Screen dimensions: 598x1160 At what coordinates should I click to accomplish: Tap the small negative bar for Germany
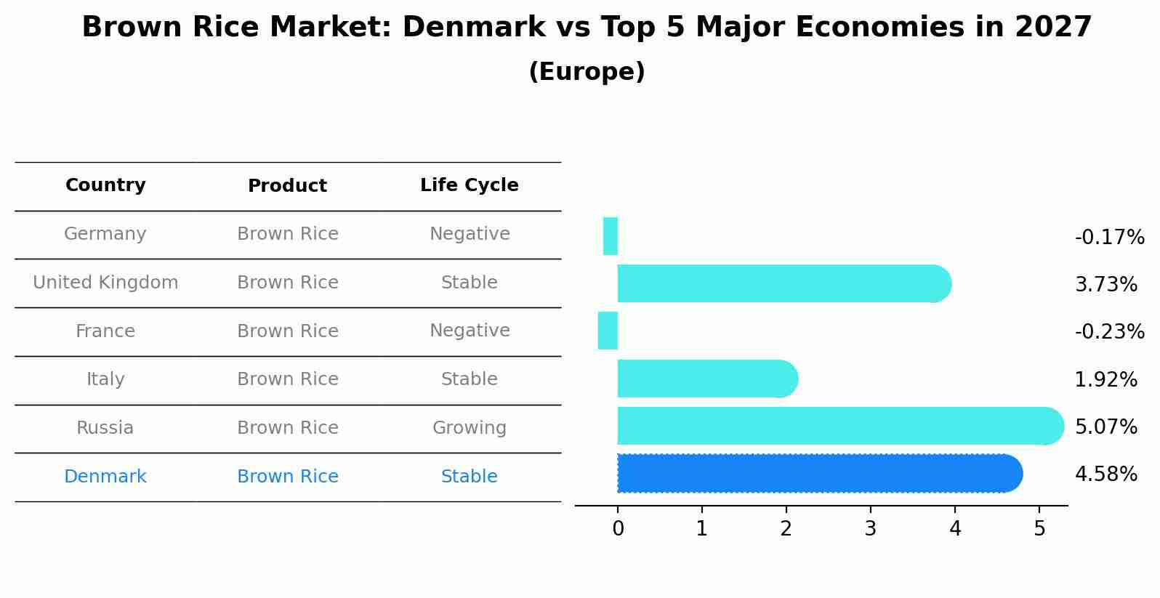(611, 237)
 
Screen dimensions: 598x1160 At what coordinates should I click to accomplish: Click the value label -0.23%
(1109, 332)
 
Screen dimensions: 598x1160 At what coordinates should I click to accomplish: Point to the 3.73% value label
(1105, 285)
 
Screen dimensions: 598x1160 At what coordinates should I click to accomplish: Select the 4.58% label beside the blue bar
(1105, 474)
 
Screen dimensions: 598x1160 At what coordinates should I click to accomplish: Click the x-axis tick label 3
(871, 529)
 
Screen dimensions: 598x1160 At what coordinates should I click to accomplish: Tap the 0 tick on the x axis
(618, 529)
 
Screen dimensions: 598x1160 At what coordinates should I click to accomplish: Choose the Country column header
(105, 185)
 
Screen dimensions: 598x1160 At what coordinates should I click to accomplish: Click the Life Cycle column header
(470, 185)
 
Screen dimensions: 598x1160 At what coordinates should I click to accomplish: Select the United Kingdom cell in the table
(105, 283)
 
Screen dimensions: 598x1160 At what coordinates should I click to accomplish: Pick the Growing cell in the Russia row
(470, 428)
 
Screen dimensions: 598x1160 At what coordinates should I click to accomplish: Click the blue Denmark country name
(105, 477)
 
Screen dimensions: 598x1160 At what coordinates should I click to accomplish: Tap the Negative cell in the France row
(470, 331)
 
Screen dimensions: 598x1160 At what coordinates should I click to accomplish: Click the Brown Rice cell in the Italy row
(288, 379)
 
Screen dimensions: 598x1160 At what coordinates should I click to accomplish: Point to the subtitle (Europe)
(587, 72)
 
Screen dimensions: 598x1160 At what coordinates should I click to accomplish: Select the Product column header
(288, 186)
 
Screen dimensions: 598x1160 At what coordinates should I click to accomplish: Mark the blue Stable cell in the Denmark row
(470, 477)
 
